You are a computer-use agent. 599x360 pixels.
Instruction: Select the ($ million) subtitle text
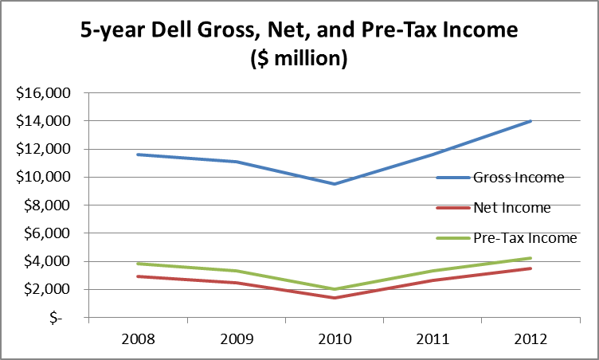coord(299,60)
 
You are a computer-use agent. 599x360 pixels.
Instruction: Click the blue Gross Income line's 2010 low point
coord(335,184)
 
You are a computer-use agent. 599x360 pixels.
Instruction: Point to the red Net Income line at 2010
coord(335,298)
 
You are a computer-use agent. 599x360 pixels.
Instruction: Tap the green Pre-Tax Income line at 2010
coord(335,289)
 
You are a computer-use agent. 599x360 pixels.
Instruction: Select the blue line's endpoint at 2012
coord(530,121)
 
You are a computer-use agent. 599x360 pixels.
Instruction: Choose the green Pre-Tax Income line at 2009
coord(237,271)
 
